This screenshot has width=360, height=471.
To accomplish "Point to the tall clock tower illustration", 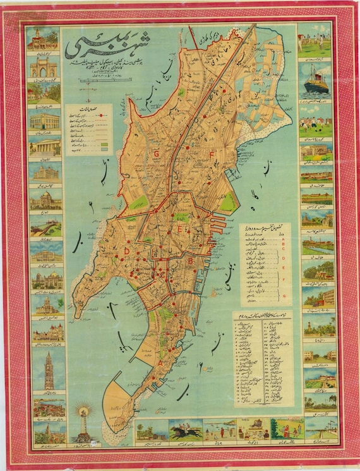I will (x=49, y=372).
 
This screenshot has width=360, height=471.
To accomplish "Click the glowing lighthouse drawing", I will (x=82, y=423).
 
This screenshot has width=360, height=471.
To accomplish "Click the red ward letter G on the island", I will (x=155, y=154).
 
